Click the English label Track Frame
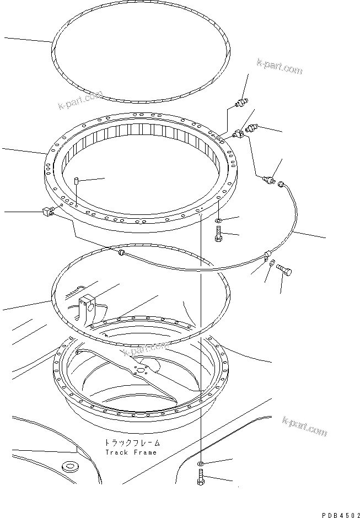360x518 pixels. (131, 452)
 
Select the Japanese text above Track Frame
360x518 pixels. (131, 443)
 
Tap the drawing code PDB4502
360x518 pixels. (338, 511)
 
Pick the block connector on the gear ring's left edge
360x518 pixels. (47, 210)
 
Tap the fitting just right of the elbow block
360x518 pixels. (252, 130)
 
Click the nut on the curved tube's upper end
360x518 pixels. (281, 183)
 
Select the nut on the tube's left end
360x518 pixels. (120, 253)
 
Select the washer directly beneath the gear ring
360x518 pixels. (219, 222)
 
